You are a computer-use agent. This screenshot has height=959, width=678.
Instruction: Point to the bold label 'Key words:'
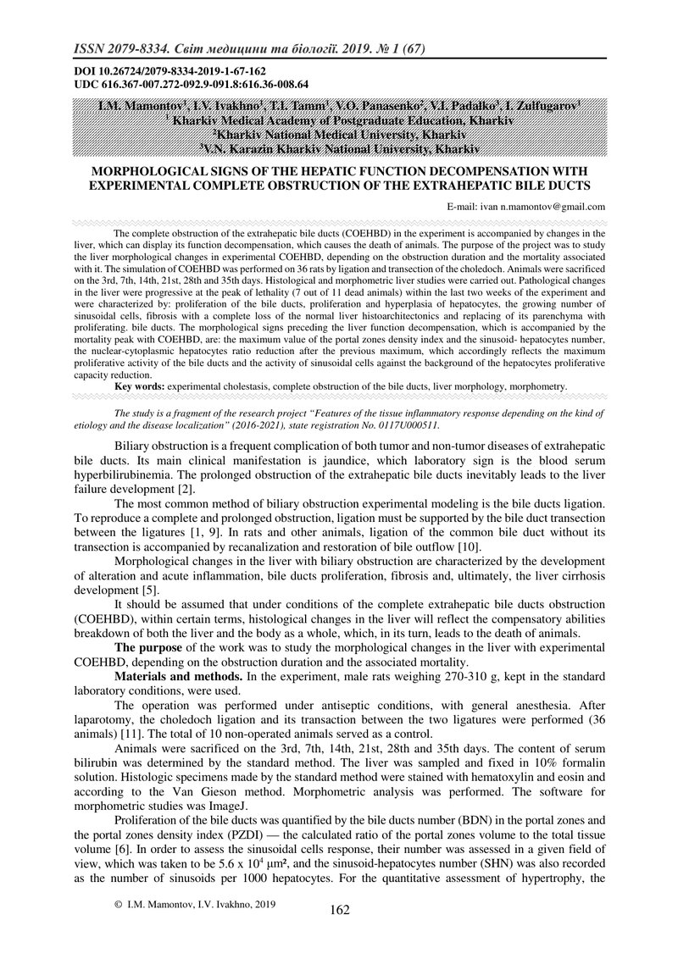pos(140,385)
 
